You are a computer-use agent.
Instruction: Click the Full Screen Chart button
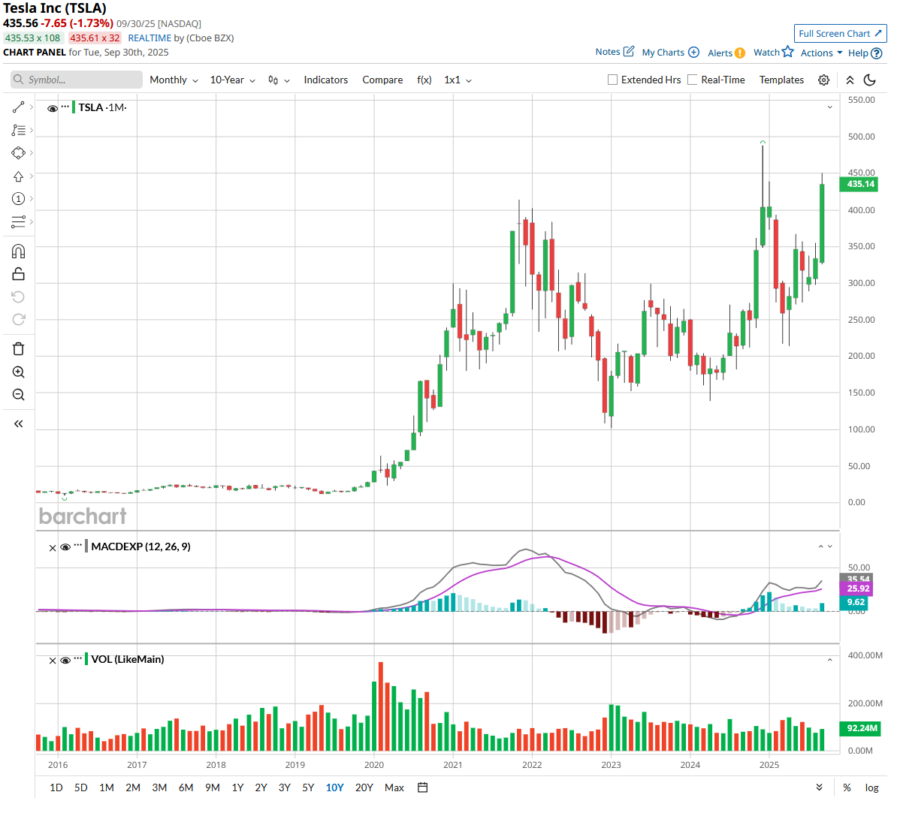840,34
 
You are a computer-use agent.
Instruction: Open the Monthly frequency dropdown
174,80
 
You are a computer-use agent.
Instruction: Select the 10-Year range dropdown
232,80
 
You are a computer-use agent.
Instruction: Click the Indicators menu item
325,80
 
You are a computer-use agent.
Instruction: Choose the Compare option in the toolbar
382,80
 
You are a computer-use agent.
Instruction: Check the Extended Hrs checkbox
612,80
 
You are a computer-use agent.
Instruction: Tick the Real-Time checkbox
693,80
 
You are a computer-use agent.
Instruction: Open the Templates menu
781,80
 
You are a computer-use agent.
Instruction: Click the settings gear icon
824,80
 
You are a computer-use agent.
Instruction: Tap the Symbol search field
77,80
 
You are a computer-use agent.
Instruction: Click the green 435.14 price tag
860,184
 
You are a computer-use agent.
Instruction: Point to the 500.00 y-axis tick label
861,137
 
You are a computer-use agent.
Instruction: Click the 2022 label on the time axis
532,765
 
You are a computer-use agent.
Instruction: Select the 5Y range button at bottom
308,787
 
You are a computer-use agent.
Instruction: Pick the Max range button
394,787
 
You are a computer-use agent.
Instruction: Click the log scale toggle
871,787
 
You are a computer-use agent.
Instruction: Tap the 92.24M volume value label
861,728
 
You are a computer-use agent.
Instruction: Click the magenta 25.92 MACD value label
858,589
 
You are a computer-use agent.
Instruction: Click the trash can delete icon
19,348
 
